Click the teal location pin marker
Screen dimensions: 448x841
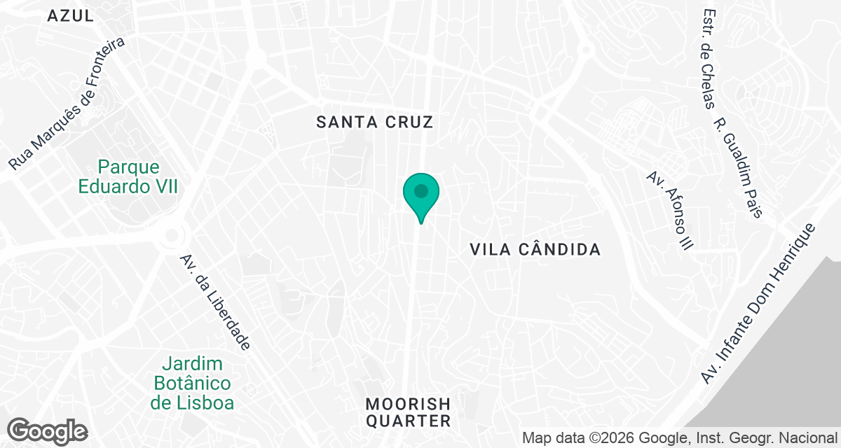(420, 193)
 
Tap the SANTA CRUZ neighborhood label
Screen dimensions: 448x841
(375, 122)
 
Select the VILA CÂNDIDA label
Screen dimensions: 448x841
(535, 249)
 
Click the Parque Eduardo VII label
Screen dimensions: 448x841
(128, 177)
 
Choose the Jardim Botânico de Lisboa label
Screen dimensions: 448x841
(192, 384)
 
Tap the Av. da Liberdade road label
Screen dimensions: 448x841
(215, 302)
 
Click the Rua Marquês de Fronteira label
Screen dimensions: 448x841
(67, 104)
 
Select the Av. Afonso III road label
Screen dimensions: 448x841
(670, 210)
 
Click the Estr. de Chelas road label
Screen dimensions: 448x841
(709, 59)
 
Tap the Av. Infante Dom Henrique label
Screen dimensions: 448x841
(759, 304)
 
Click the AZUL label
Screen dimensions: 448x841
(70, 16)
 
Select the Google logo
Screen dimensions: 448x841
(47, 430)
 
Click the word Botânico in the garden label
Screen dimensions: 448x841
(192, 384)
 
